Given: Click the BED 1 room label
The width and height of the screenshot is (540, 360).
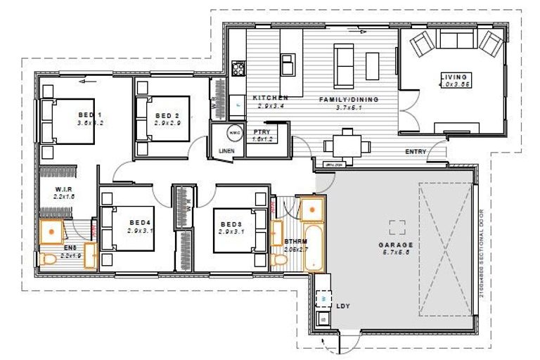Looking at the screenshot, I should tap(90, 115).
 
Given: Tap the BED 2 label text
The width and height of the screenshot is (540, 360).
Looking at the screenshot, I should tap(168, 116).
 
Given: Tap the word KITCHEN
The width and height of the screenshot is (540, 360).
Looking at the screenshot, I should tap(270, 98).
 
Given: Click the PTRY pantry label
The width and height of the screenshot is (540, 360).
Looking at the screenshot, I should tap(262, 131).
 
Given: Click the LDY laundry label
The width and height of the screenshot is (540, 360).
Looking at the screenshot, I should tap(344, 307).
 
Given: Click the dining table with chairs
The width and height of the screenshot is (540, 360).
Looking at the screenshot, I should tap(345, 146).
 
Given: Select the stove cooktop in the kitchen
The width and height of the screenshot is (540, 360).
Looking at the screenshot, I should tap(238, 68).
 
